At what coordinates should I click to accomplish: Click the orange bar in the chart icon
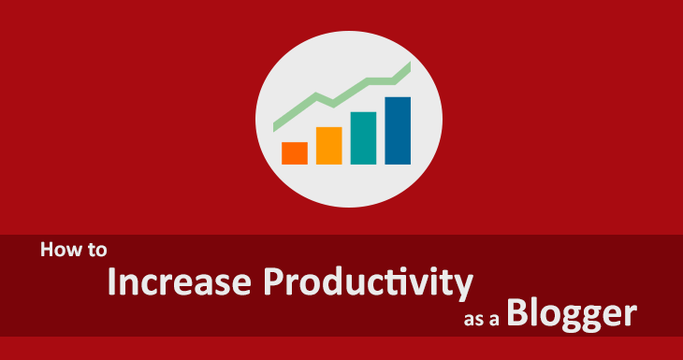pos(295,153)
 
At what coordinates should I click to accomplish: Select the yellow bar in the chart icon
pos(328,145)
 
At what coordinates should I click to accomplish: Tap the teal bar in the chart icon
pos(363,137)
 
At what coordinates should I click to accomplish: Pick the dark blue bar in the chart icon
pos(398,130)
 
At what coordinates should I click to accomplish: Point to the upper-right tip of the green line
pos(409,65)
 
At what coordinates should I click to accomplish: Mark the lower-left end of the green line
pos(276,125)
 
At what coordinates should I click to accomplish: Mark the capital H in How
pos(47,251)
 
